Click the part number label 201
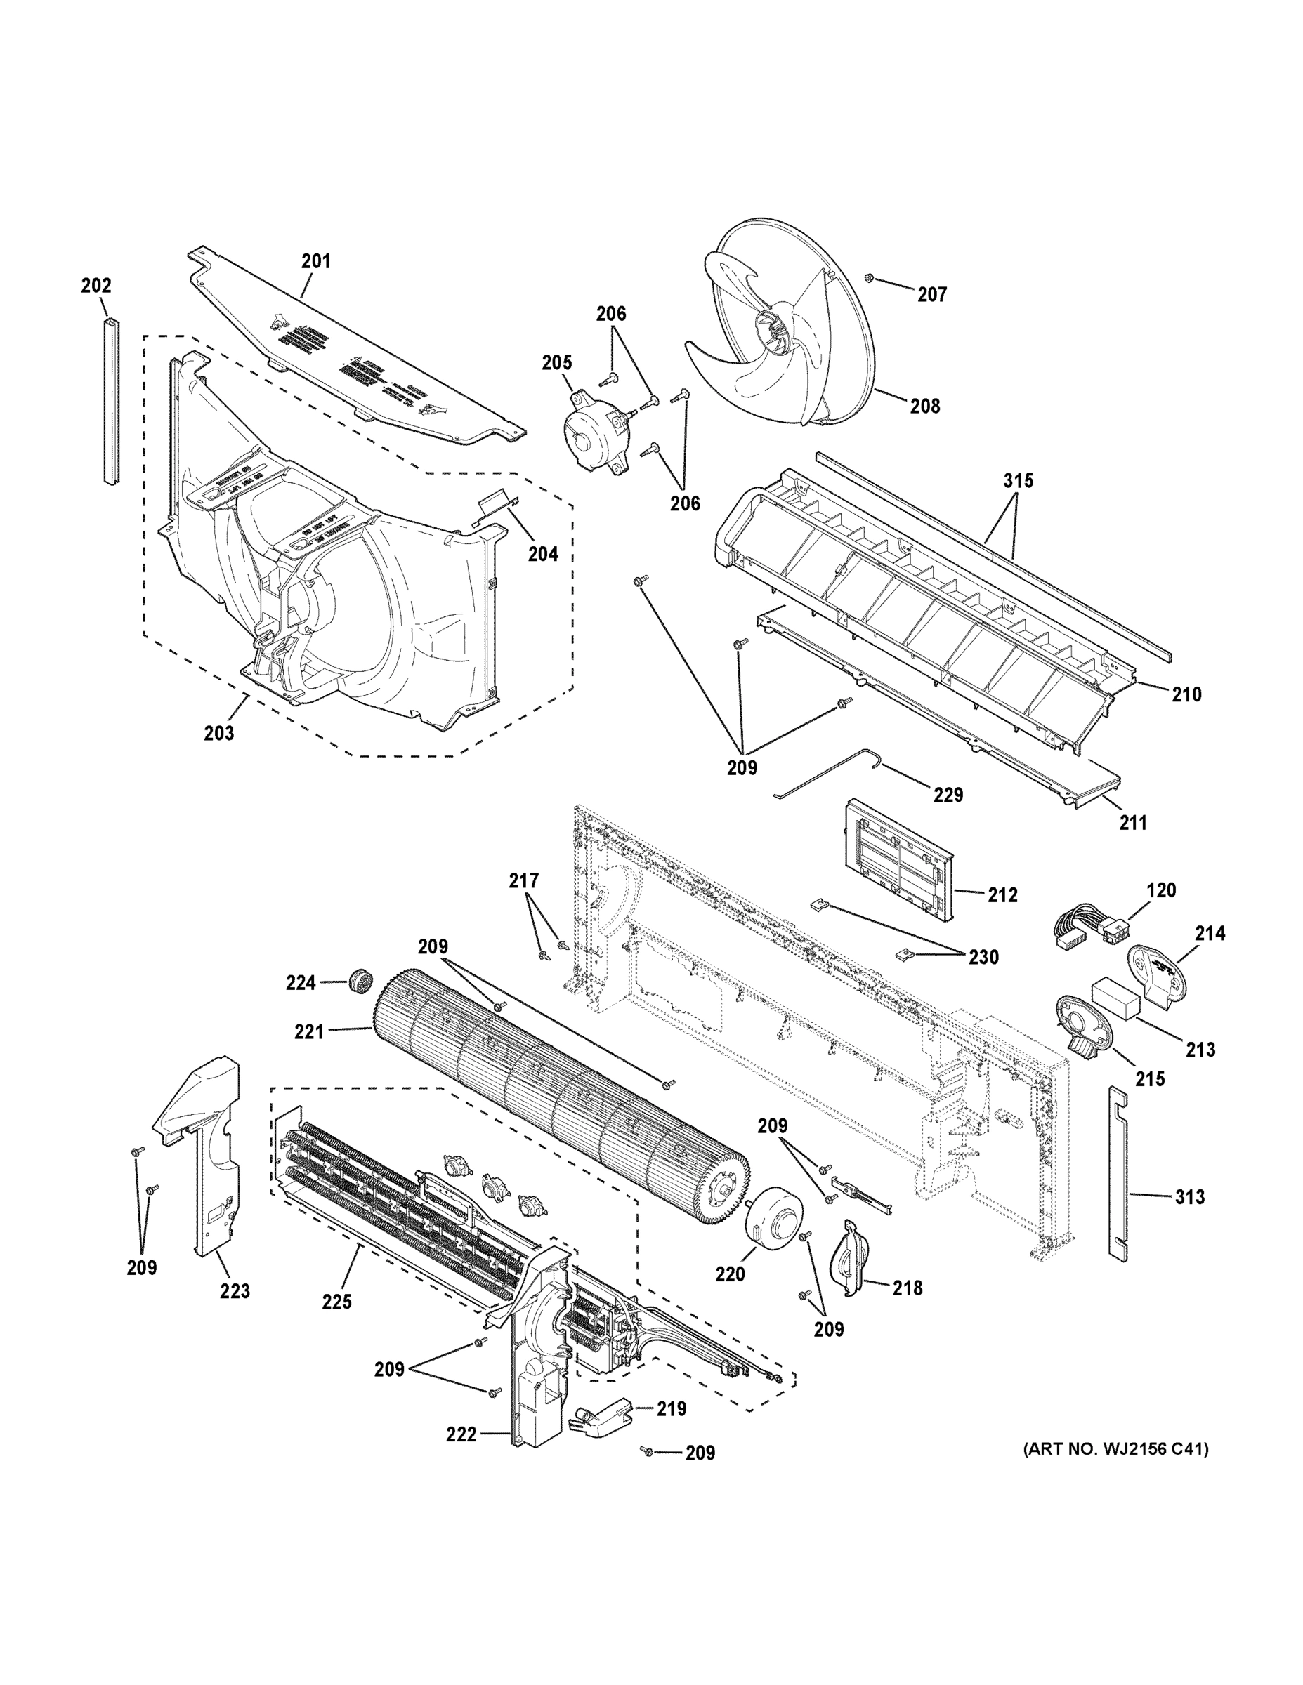(x=315, y=262)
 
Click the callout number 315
(x=1018, y=481)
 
